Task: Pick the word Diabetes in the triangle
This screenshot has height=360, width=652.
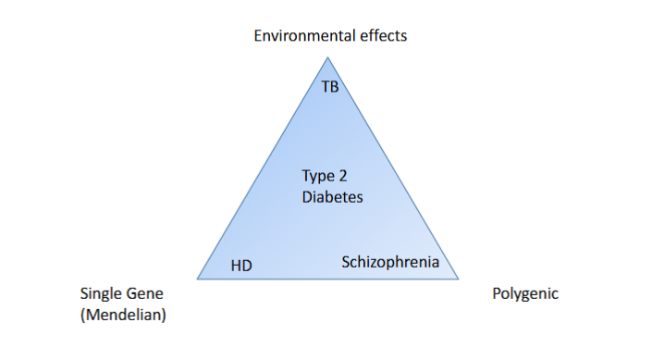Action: [x=332, y=197]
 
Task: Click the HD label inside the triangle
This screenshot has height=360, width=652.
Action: [x=241, y=266]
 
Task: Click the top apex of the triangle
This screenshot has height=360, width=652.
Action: [x=327, y=57]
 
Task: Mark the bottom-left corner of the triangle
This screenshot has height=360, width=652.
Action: [x=197, y=279]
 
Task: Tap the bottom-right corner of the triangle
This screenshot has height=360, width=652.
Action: [x=461, y=278]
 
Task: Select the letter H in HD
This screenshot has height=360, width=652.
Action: [x=236, y=266]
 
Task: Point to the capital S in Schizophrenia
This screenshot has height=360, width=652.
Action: [x=346, y=262]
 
